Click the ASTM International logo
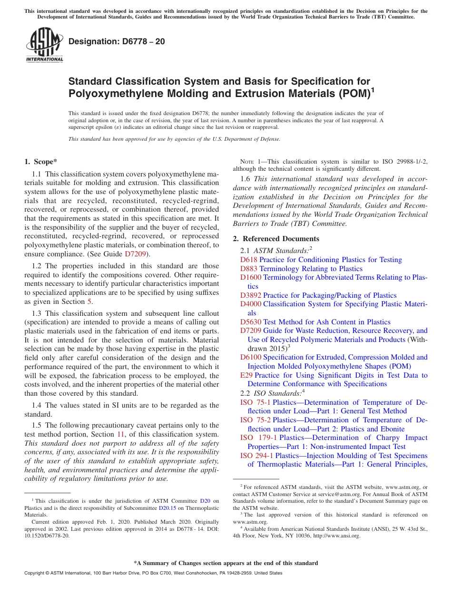(44, 45)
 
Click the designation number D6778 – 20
(117, 41)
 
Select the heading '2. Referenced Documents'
(276, 239)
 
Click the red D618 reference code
(248, 260)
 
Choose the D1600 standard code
(251, 277)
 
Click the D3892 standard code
(251, 295)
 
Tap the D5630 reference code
(251, 322)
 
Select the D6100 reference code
(251, 357)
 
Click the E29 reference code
(246, 375)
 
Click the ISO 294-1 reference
(257, 456)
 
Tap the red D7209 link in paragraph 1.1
(136, 254)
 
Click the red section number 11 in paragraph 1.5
(120, 434)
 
